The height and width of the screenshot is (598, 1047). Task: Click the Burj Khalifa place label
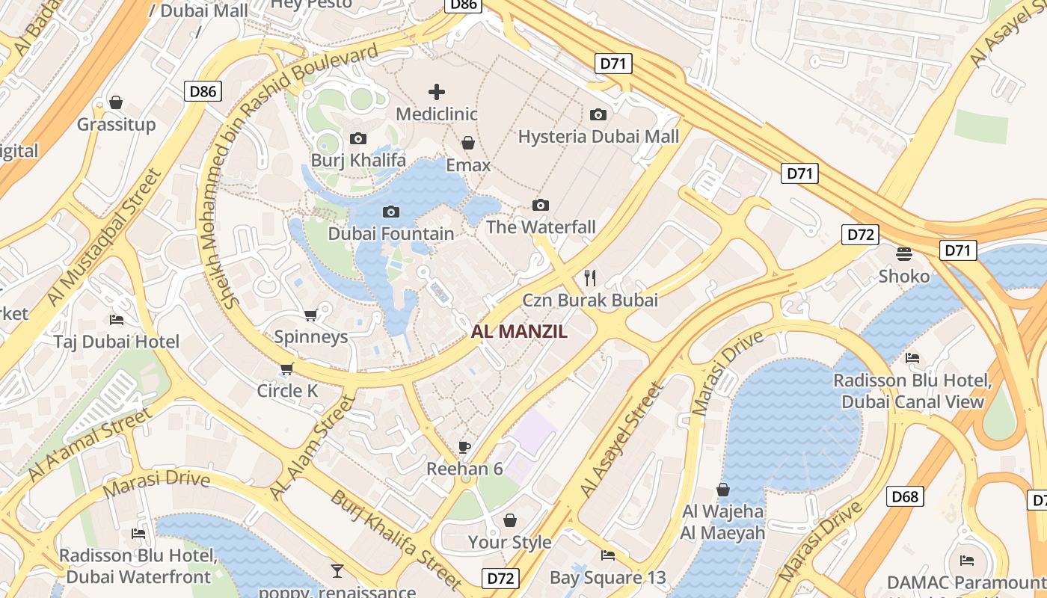pyautogui.click(x=358, y=160)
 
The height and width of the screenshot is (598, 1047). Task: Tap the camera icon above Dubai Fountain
pyautogui.click(x=390, y=212)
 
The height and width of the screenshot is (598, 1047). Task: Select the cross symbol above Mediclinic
pyautogui.click(x=437, y=92)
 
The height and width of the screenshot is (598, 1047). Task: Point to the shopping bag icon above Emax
pyautogui.click(x=468, y=143)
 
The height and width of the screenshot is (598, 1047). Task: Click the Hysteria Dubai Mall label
pyautogui.click(x=598, y=136)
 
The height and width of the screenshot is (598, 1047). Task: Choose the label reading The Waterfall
pyautogui.click(x=541, y=226)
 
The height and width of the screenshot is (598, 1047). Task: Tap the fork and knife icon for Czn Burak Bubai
pyautogui.click(x=590, y=278)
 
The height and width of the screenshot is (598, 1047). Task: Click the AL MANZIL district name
pyautogui.click(x=520, y=332)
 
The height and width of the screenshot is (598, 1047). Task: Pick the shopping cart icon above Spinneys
pyautogui.click(x=311, y=315)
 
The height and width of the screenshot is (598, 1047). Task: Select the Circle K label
pyautogui.click(x=287, y=390)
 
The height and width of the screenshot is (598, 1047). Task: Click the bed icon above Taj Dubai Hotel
pyautogui.click(x=117, y=320)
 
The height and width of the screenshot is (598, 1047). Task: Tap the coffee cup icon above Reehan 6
pyautogui.click(x=464, y=447)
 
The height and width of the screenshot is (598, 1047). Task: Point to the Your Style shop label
pyautogui.click(x=509, y=542)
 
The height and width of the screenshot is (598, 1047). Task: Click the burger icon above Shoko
pyautogui.click(x=904, y=254)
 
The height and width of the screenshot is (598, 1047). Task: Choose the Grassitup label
pyautogui.click(x=116, y=124)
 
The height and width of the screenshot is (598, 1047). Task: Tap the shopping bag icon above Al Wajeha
pyautogui.click(x=722, y=490)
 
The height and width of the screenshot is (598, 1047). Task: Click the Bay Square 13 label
pyautogui.click(x=607, y=577)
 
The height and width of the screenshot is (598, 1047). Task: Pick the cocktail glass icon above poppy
pyautogui.click(x=337, y=572)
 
